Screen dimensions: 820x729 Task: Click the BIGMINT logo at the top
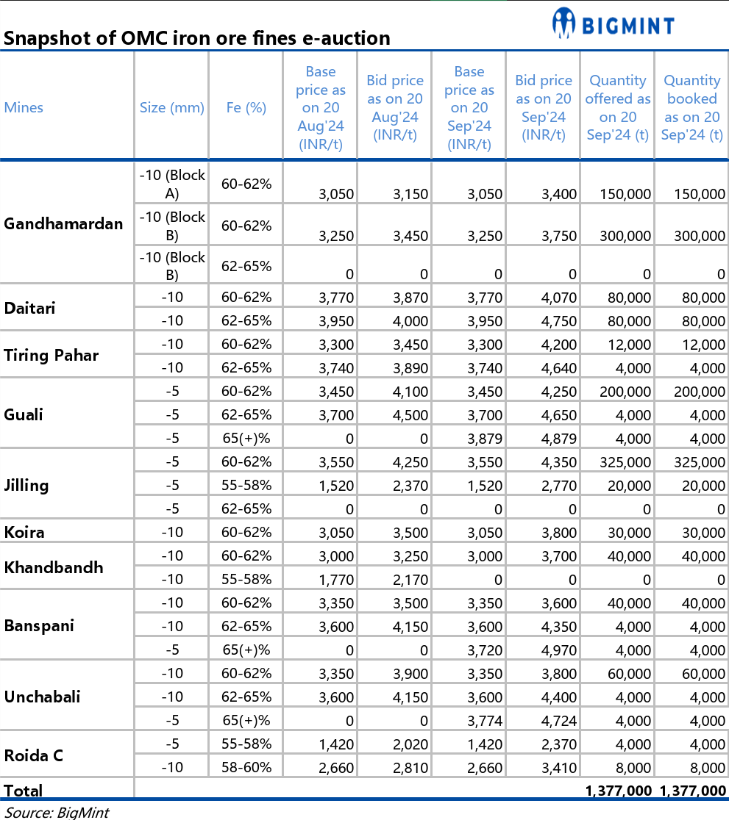click(613, 25)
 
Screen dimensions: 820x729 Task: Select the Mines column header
click(24, 107)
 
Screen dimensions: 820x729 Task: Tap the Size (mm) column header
click(171, 107)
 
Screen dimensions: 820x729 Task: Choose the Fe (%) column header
click(246, 107)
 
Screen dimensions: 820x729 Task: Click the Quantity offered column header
click(617, 107)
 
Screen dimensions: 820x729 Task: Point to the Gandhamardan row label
click(63, 223)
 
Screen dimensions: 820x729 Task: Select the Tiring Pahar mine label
click(51, 356)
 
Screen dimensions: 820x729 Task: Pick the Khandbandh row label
click(54, 567)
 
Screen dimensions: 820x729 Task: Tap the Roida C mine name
click(34, 755)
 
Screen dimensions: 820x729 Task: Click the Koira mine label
click(24, 532)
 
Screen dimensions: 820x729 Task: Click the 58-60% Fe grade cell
click(246, 768)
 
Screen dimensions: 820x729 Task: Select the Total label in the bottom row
click(24, 790)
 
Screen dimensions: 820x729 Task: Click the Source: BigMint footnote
click(57, 812)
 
